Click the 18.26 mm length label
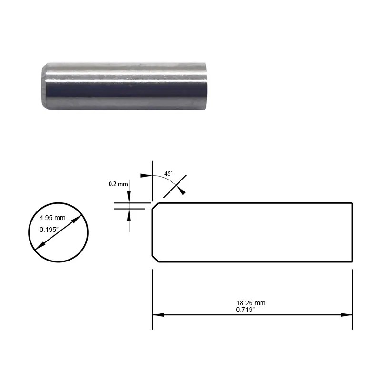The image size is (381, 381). point(251,303)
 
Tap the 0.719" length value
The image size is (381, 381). point(246,310)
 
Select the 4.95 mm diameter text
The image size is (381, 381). point(52,218)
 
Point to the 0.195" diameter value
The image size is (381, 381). point(50,230)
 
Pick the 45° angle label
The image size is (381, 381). point(169,174)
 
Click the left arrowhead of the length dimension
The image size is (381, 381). point(158,315)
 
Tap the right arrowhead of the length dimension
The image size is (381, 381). point(347,315)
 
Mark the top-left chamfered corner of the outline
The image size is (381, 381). point(155,206)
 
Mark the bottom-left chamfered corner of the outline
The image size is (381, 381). point(155,259)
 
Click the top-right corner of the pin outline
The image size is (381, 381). point(352,203)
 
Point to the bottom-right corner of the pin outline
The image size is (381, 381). point(352,262)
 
